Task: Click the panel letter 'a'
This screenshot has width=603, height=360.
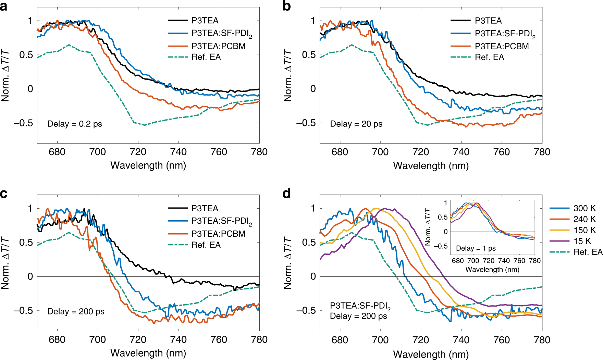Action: pos(4,6)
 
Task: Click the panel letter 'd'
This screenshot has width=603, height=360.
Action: pos(287,194)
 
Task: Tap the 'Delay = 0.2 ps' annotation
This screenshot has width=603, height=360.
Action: pos(75,124)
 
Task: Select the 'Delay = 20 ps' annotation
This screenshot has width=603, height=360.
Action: pos(356,124)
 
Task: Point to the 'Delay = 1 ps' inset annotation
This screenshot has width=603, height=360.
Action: pos(476,248)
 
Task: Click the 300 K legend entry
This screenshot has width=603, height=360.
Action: pos(584,208)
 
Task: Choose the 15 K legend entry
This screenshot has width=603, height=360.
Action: pos(582,241)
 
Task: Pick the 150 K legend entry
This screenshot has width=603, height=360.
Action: pos(584,230)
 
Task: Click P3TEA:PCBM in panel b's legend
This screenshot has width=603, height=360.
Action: pos(502,46)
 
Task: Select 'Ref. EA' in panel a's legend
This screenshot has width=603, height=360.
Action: pos(206,57)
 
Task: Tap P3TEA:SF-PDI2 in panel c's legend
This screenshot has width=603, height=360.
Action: pos(221,221)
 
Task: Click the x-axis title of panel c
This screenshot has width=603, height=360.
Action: pos(148,353)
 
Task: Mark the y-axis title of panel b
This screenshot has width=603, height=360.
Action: pos(288,75)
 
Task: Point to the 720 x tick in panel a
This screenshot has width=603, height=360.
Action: pos(138,152)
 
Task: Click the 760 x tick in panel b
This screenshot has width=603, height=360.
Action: pos(502,152)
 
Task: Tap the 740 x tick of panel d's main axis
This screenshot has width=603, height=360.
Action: pos(461,340)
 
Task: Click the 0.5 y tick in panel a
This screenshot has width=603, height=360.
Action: pos(26,55)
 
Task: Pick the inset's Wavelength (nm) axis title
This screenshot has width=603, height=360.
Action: pos(492,270)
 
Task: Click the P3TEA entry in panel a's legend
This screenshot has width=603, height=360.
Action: pos(205,21)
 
